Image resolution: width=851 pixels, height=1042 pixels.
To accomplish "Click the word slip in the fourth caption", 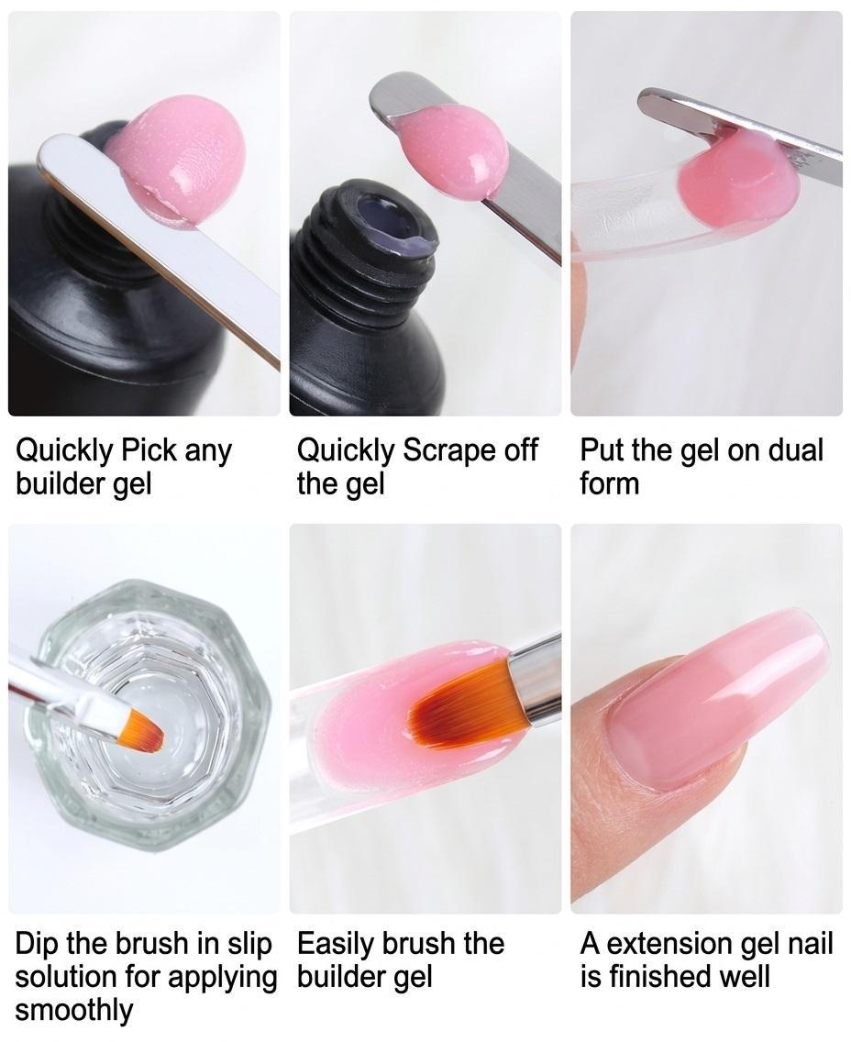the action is [x=247, y=945].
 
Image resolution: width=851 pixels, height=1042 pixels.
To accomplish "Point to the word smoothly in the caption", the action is [x=73, y=1010].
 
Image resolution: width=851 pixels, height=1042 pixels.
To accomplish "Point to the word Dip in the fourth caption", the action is [x=38, y=945].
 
